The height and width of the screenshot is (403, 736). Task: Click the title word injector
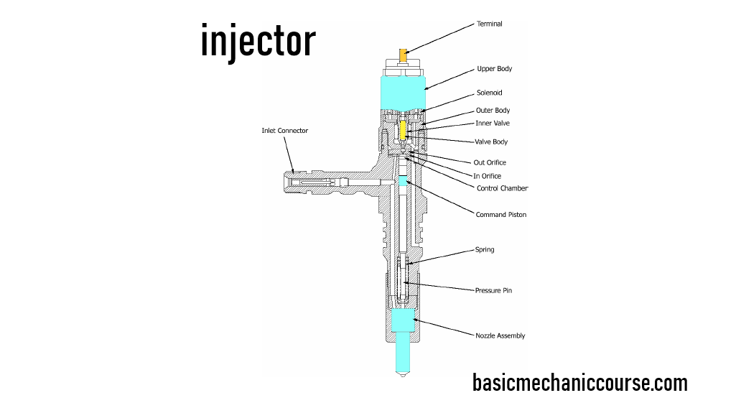click(258, 41)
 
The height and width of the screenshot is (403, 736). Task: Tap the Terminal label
click(490, 24)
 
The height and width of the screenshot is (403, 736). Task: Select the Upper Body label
click(494, 69)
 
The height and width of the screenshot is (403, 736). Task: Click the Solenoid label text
click(489, 93)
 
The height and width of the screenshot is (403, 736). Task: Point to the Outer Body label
click(493, 111)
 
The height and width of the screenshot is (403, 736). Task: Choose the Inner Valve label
click(493, 124)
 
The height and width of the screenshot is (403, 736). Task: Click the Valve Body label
click(491, 142)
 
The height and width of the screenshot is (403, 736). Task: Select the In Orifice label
click(488, 176)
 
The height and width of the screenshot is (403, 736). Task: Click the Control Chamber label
click(502, 188)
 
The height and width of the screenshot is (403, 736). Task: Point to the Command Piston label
click(500, 215)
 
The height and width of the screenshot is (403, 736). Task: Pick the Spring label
click(485, 250)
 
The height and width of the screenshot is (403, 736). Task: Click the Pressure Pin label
click(493, 291)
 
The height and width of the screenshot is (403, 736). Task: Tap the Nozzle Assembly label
click(500, 335)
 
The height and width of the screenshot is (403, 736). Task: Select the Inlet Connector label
click(284, 131)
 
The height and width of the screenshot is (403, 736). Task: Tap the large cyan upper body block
click(403, 91)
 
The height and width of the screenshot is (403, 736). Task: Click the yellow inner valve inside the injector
click(403, 130)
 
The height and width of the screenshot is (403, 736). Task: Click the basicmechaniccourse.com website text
click(579, 383)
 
